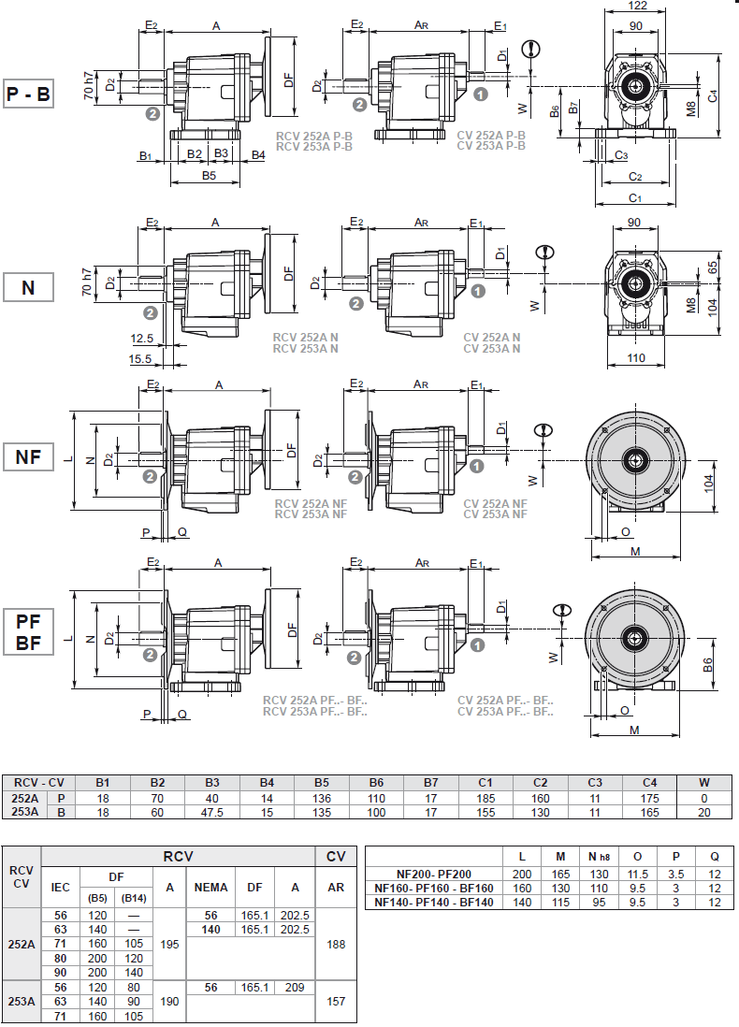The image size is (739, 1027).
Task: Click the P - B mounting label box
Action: (29, 94)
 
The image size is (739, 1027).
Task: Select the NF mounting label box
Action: (29, 457)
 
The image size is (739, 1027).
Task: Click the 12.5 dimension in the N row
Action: (142, 338)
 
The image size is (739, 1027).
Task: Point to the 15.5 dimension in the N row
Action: (142, 358)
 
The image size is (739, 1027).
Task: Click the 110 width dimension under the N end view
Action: (636, 358)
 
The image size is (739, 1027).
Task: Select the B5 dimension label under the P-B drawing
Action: (209, 175)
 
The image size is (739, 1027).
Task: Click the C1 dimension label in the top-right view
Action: (634, 197)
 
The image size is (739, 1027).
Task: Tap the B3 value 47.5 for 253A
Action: (212, 812)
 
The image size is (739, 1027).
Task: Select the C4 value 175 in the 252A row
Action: (651, 799)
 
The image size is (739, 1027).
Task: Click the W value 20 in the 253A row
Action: (705, 812)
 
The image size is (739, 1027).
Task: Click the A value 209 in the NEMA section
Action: (295, 987)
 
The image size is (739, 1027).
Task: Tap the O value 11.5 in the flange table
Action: (638, 874)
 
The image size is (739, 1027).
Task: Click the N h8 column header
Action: (598, 856)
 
